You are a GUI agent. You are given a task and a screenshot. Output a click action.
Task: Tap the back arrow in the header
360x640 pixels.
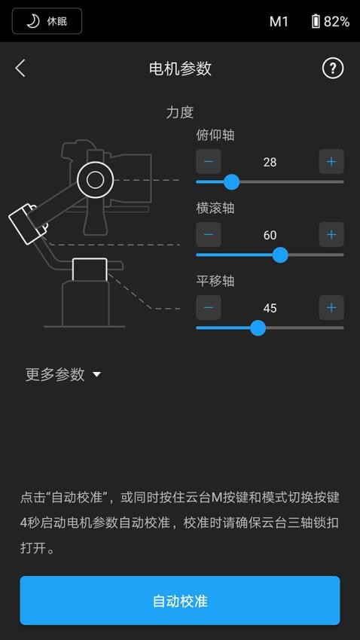pyautogui.click(x=20, y=68)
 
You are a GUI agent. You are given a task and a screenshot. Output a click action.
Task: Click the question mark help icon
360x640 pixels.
pyautogui.click(x=332, y=68)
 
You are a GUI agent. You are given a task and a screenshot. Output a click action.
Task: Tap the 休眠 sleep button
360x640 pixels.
pyautogui.click(x=47, y=21)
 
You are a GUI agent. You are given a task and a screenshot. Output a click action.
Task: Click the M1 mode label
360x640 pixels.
pyautogui.click(x=279, y=21)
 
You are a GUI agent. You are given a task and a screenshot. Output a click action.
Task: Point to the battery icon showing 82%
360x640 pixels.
pyautogui.click(x=316, y=21)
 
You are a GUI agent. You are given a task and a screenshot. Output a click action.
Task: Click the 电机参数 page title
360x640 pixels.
pyautogui.click(x=180, y=69)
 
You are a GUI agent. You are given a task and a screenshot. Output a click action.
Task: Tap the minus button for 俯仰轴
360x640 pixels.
pyautogui.click(x=209, y=161)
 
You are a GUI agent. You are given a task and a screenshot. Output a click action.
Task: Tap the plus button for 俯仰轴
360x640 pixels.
pyautogui.click(x=331, y=161)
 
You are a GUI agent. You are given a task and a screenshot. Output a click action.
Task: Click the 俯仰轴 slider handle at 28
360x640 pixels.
pyautogui.click(x=232, y=181)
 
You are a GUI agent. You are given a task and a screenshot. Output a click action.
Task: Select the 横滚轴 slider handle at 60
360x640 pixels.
pyautogui.click(x=280, y=254)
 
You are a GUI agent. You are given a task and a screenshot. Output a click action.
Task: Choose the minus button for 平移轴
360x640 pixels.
pyautogui.click(x=209, y=307)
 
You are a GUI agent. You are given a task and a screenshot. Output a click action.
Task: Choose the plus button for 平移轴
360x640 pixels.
pyautogui.click(x=331, y=307)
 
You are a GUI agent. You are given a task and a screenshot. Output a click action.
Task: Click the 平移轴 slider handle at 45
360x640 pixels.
pyautogui.click(x=258, y=328)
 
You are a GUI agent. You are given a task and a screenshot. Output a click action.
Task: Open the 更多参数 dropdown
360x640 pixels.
pyautogui.click(x=63, y=374)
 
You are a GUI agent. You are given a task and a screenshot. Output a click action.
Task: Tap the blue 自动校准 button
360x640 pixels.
pyautogui.click(x=180, y=601)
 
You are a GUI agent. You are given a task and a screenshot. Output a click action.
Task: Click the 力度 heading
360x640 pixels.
pyautogui.click(x=180, y=112)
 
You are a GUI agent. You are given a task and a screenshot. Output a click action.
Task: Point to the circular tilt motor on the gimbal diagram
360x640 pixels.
pyautogui.click(x=95, y=179)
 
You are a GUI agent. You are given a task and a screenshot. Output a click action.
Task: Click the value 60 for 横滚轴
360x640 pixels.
pyautogui.click(x=270, y=235)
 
